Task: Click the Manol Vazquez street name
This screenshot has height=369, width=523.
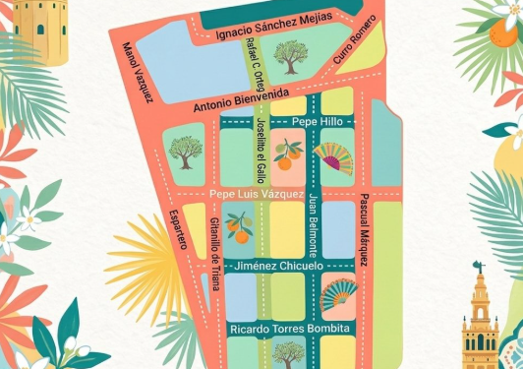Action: point(139,72)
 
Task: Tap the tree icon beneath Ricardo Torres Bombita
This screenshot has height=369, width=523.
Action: point(287,351)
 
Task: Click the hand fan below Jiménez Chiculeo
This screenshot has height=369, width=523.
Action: point(340,292)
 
